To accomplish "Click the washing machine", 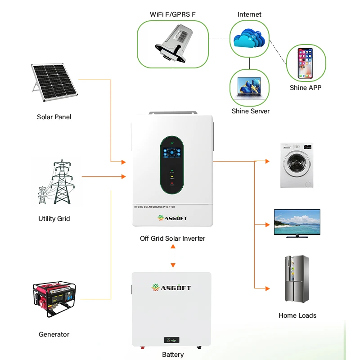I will tap(296, 165).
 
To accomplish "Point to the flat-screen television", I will tap(297, 223).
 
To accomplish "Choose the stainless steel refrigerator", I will tap(297, 279).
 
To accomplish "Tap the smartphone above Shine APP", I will tap(305, 63).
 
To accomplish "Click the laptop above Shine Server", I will tap(251, 88).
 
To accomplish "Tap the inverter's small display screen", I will tap(173, 152).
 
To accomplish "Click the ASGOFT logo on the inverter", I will tap(172, 218).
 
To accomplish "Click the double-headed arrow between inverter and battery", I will tap(173, 258).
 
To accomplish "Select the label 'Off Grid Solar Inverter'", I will tap(172, 238).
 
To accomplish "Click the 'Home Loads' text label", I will tap(297, 315).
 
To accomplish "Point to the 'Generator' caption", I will tap(54, 334).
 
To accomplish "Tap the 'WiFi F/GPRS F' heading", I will tap(172, 14).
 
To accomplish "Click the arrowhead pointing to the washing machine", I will tap(267, 161).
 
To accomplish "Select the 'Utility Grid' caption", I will tap(54, 219).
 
